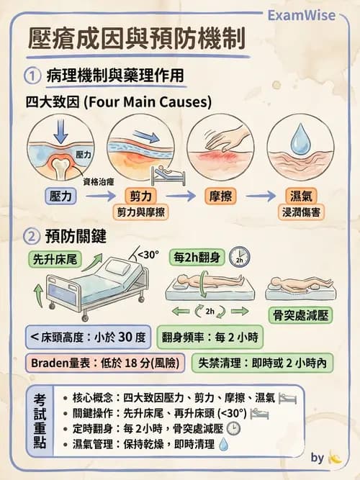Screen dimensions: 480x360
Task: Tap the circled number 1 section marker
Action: pyautogui.click(x=31, y=75)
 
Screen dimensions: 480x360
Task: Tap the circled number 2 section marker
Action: pyautogui.click(x=31, y=236)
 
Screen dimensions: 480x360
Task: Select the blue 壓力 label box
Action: pyautogui.click(x=60, y=196)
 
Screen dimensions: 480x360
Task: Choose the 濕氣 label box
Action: pyautogui.click(x=299, y=196)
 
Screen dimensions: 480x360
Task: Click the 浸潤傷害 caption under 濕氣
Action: pyautogui.click(x=299, y=212)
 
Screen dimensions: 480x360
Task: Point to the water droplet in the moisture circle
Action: pyautogui.click(x=300, y=141)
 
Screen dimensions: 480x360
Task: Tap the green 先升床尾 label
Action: pyautogui.click(x=55, y=258)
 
